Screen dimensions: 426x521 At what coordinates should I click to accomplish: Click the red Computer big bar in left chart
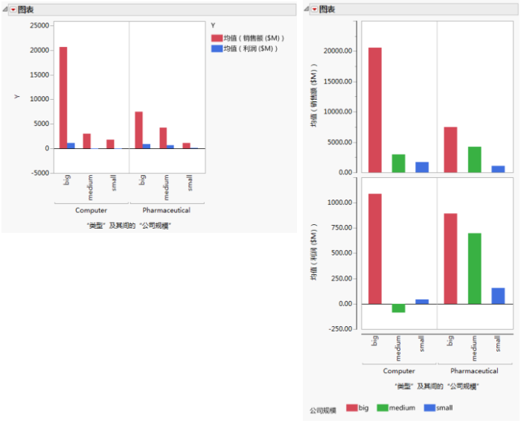(x=63, y=97)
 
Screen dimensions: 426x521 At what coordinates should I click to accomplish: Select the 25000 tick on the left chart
(x=39, y=25)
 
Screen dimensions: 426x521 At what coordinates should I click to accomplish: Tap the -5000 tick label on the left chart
(x=39, y=173)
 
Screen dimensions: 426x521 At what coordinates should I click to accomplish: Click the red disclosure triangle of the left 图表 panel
(x=13, y=9)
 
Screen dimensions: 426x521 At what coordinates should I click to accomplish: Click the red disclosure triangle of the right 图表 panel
(x=314, y=9)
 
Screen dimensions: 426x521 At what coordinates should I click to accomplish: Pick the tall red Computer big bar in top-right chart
(x=375, y=110)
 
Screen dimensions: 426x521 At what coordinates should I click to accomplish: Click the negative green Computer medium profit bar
(x=398, y=308)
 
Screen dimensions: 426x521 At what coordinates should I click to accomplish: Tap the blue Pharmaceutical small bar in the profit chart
(x=498, y=296)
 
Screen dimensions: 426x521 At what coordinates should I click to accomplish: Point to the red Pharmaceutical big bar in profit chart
(x=450, y=258)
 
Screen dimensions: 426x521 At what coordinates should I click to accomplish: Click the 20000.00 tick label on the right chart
(x=337, y=51)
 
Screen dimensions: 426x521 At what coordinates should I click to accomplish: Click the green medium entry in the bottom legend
(x=396, y=408)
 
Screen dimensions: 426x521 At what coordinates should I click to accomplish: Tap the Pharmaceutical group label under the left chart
(x=166, y=210)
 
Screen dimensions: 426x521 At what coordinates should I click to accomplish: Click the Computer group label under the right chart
(x=399, y=371)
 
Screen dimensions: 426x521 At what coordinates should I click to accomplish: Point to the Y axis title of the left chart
(x=16, y=98)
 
